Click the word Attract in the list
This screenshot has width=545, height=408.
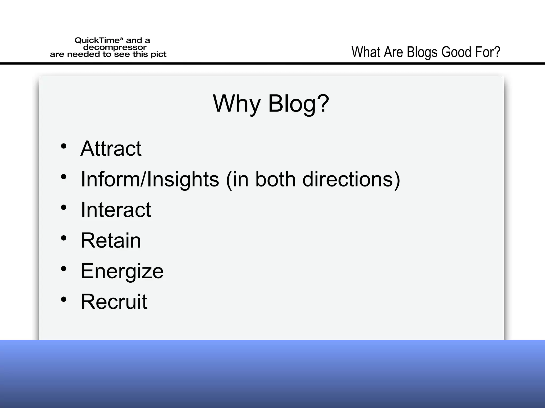pyautogui.click(x=111, y=148)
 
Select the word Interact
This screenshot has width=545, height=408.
pyautogui.click(x=116, y=210)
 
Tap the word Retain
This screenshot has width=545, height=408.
pyautogui.click(x=111, y=240)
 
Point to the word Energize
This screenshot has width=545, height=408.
pyautogui.click(x=122, y=271)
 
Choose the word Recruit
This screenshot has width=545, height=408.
pyautogui.click(x=114, y=302)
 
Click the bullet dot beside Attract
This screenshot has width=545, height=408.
pyautogui.click(x=64, y=146)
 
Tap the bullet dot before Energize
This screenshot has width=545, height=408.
pyautogui.click(x=64, y=269)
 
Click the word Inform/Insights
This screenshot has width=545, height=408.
pyautogui.click(x=150, y=179)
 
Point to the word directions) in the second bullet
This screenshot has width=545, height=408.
pyautogui.click(x=351, y=179)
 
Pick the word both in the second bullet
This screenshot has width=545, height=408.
pyautogui.click(x=275, y=179)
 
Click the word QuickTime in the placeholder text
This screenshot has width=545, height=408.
pyautogui.click(x=97, y=41)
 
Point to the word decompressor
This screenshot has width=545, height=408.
pyautogui.click(x=115, y=48)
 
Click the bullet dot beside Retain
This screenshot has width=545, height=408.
pyautogui.click(x=64, y=238)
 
